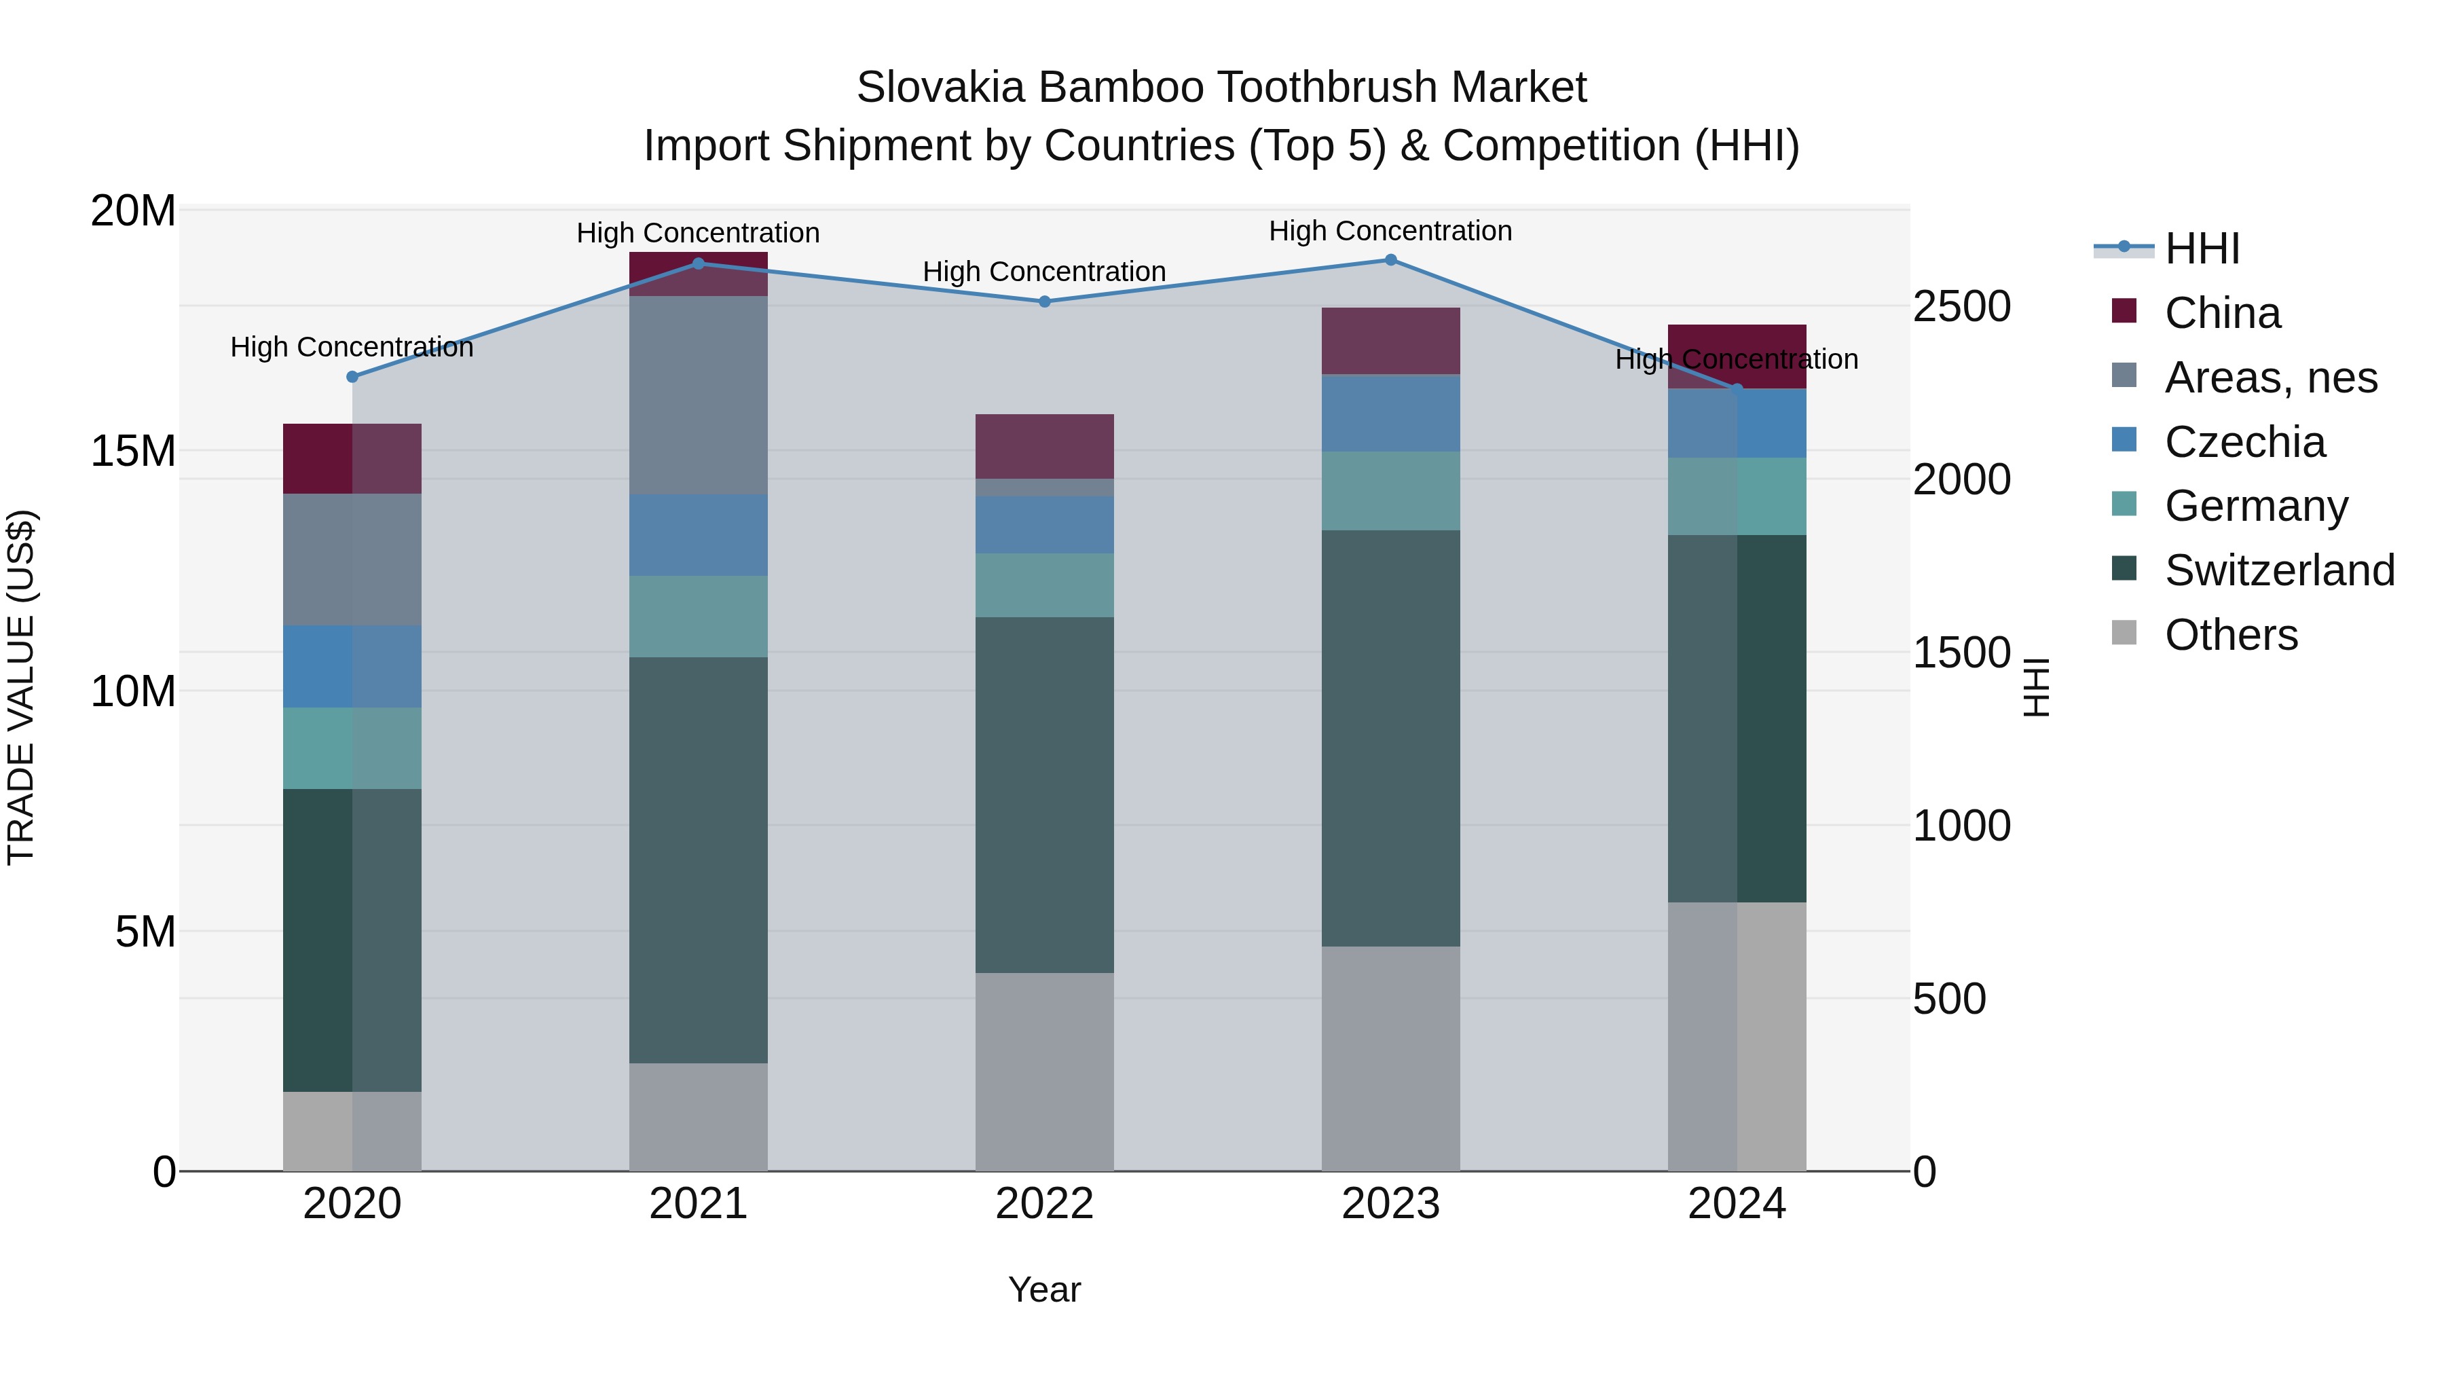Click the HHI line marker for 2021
pos(699,264)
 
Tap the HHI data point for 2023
pos(1391,260)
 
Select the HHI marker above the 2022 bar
pos(1045,301)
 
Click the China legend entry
pos(2222,313)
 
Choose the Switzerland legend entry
pos(2279,570)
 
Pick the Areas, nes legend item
pos(2270,378)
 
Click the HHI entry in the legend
pos(2201,249)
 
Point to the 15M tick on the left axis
pos(133,452)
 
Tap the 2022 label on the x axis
pos(1045,1204)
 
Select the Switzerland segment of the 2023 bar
pos(1391,737)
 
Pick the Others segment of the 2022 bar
pos(1045,1071)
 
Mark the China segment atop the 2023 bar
pos(1391,341)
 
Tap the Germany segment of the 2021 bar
pos(699,616)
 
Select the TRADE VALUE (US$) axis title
pos(21,687)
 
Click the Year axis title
pos(1045,1289)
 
